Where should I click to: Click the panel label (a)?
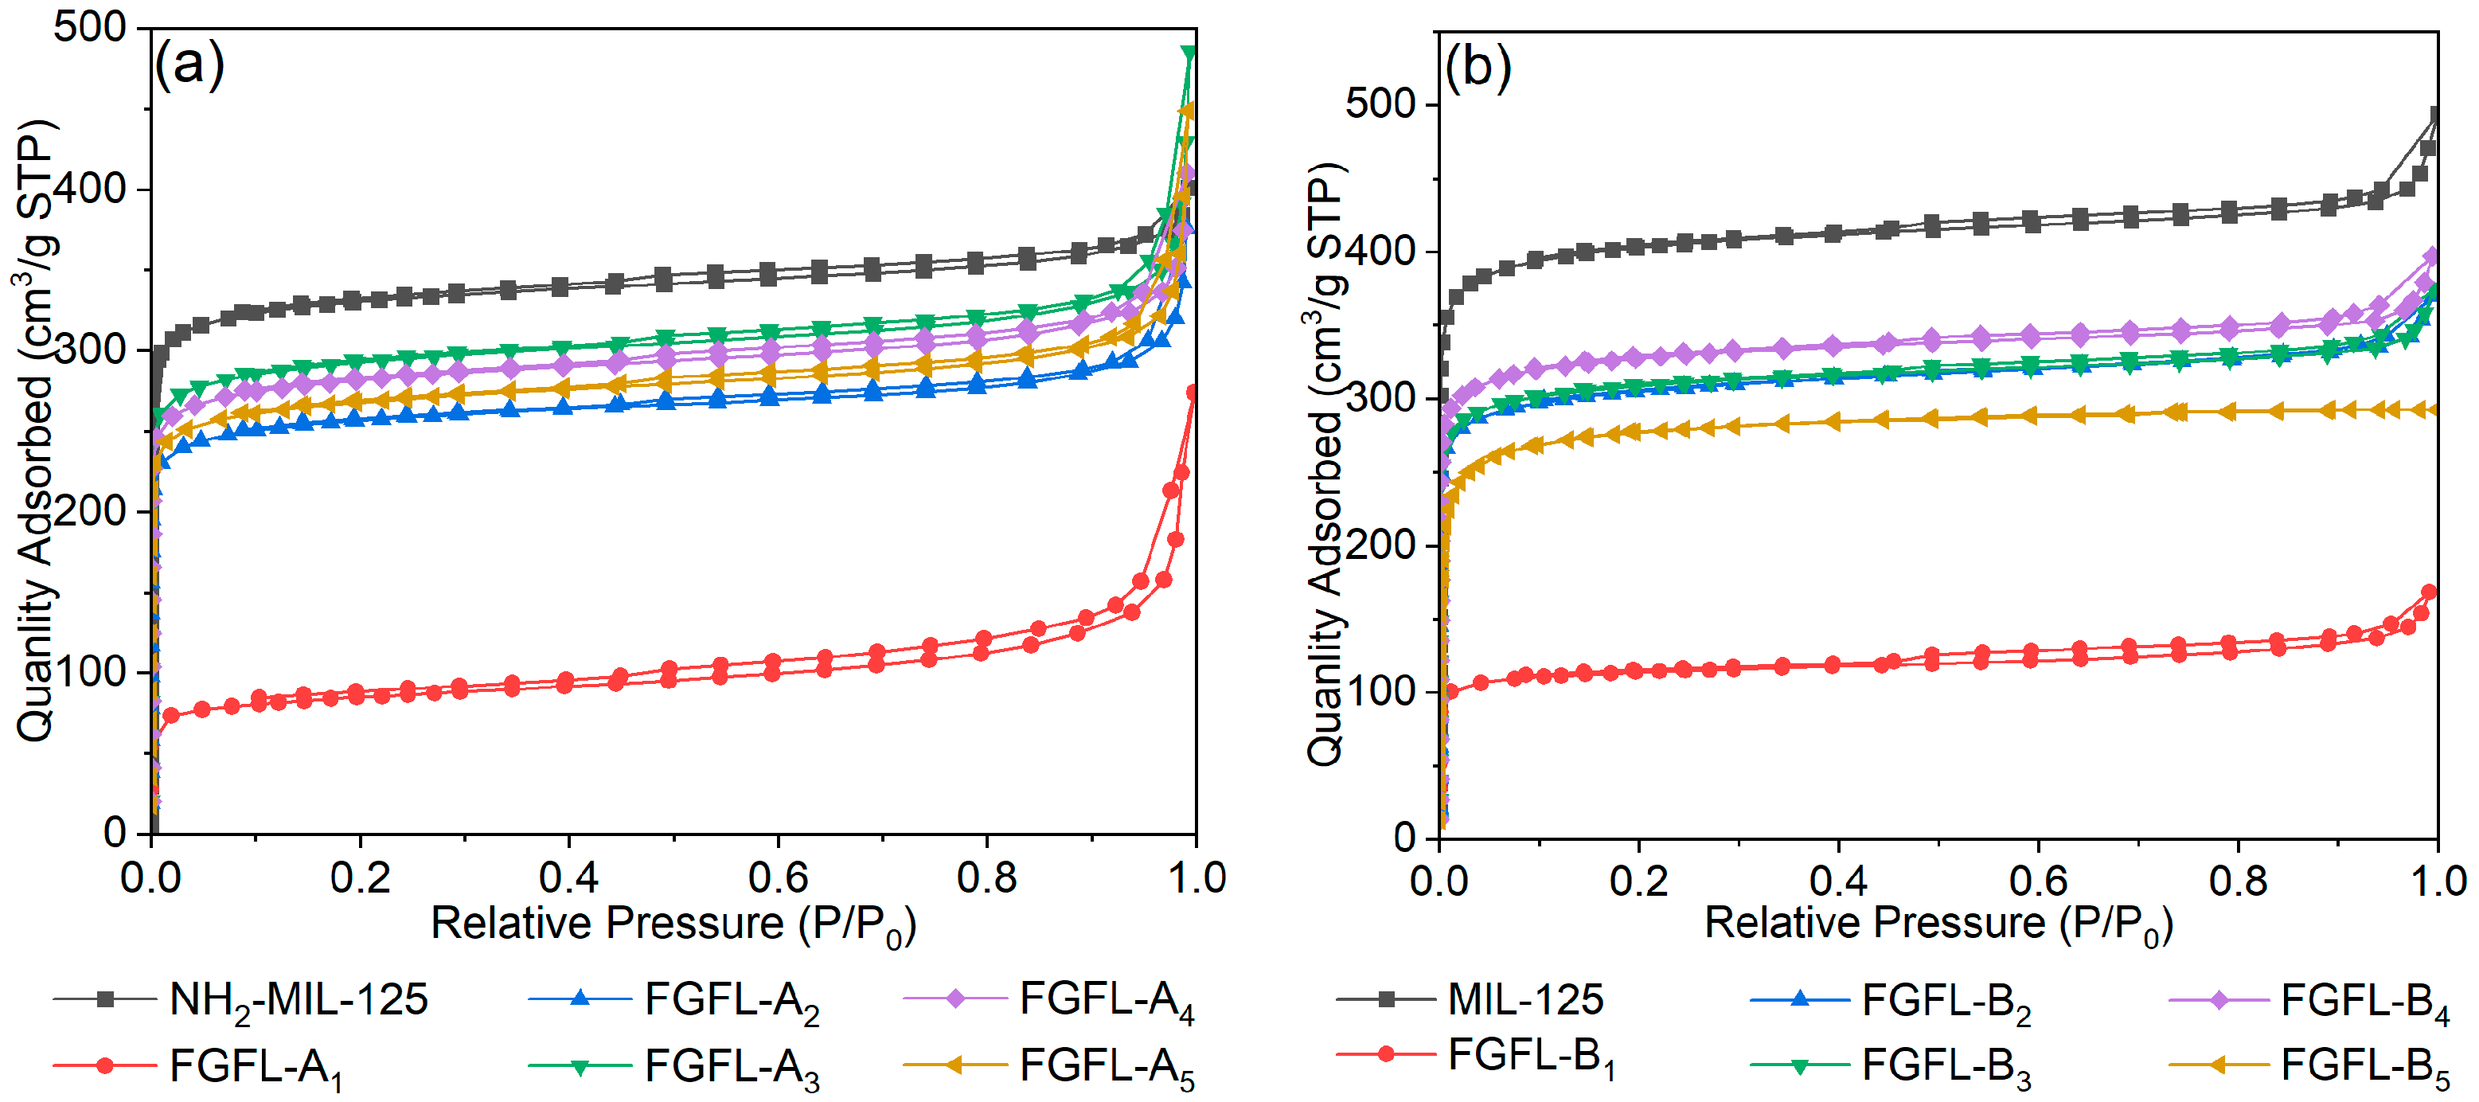pyautogui.click(x=189, y=64)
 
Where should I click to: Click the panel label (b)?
pyautogui.click(x=1478, y=68)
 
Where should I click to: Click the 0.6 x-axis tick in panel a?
pyautogui.click(x=778, y=877)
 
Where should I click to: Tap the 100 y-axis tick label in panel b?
pyautogui.click(x=1381, y=691)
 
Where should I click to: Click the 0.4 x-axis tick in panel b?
pyautogui.click(x=1838, y=881)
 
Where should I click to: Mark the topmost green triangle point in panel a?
pyautogui.click(x=1189, y=53)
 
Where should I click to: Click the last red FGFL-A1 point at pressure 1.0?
pyautogui.click(x=1193, y=393)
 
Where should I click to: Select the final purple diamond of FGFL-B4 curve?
pyautogui.click(x=2432, y=256)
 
